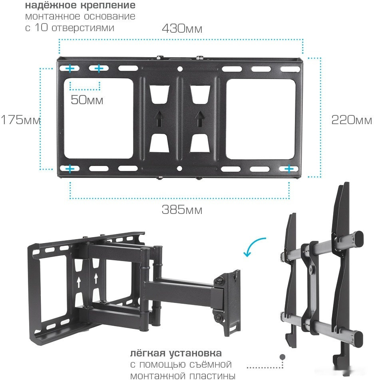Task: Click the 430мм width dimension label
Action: point(182,28)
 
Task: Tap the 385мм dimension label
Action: point(182,210)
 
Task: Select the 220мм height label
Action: point(352,120)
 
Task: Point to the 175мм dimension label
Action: point(21,120)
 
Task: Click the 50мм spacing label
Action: point(87,100)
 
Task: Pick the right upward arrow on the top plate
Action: point(200,119)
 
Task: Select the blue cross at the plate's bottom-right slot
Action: point(289,169)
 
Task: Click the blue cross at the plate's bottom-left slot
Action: point(70,169)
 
